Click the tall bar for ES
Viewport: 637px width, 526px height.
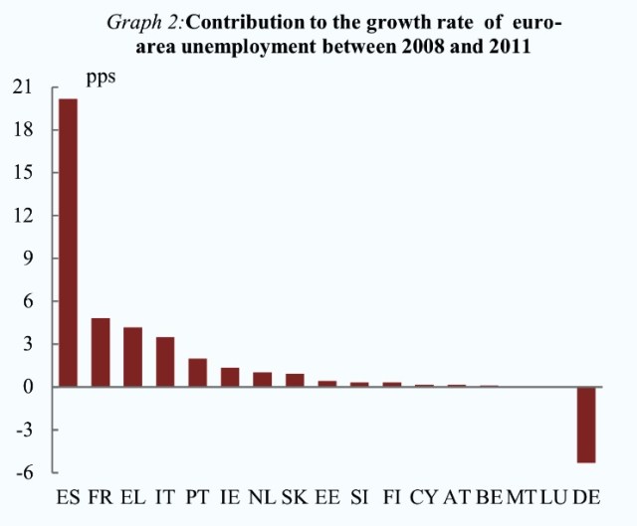(x=68, y=243)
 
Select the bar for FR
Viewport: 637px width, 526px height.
(x=100, y=352)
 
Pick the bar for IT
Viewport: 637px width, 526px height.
(x=165, y=362)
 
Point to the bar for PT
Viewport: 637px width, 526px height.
(x=197, y=373)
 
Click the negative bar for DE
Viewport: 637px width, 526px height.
(x=586, y=425)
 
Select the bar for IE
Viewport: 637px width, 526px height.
(x=230, y=377)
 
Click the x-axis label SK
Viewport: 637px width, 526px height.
(x=295, y=496)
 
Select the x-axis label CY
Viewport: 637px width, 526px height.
(x=424, y=496)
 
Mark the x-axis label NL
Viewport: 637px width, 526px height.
(x=262, y=496)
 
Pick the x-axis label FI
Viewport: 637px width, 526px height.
(x=392, y=496)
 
